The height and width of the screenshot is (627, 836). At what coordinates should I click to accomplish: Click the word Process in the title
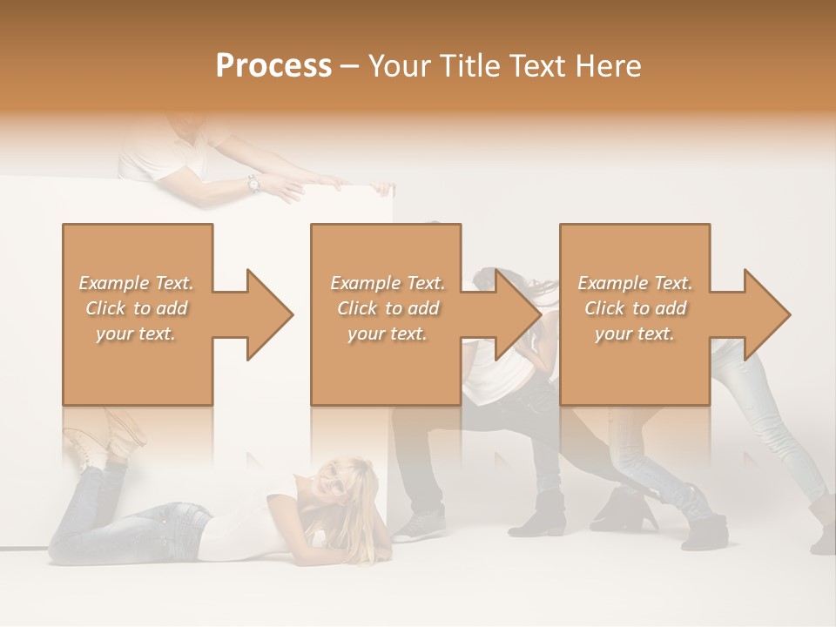pos(273,66)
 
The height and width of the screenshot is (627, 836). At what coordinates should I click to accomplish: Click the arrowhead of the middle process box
pos(516,314)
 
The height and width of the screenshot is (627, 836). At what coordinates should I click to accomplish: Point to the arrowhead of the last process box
pos(765,314)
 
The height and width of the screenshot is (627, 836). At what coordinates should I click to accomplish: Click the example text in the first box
pos(137,308)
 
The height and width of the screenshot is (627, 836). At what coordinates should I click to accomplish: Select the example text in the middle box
pos(387,308)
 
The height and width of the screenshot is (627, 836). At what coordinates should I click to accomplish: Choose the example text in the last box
pos(635,308)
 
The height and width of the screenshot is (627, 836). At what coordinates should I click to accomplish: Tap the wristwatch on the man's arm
pos(253,184)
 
